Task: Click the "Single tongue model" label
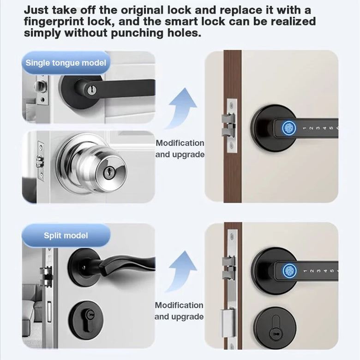tap(66, 63)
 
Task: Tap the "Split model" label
tap(66, 235)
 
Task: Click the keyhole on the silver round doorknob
tap(108, 172)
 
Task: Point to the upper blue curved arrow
tap(181, 108)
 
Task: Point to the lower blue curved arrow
tap(181, 271)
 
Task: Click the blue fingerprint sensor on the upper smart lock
tap(288, 128)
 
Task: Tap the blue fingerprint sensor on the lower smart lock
tap(289, 270)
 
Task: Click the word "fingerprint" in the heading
tap(54, 22)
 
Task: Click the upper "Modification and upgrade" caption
tap(180, 149)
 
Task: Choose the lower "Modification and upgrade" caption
tap(179, 311)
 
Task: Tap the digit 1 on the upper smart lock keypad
tap(305, 128)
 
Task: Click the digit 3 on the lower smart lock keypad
tap(318, 271)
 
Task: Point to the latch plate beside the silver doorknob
tap(41, 161)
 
